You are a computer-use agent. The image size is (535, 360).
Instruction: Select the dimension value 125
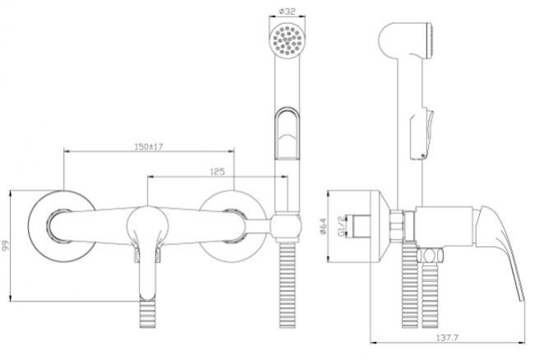tap(218, 171)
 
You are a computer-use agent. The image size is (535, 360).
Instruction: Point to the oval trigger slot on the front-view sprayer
tap(287, 132)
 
